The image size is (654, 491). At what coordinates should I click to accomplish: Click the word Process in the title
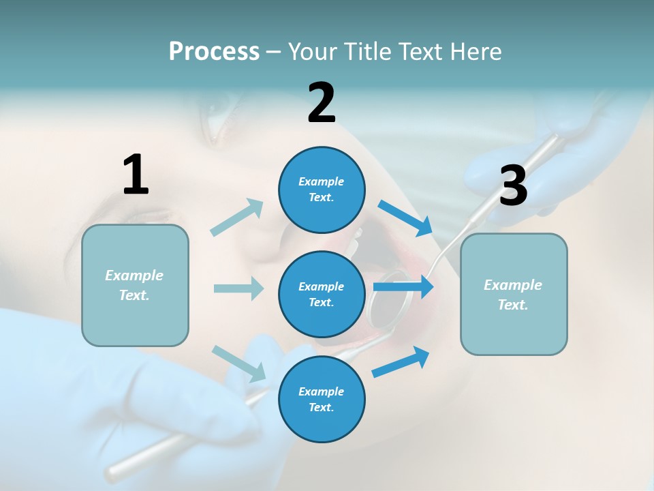point(214,51)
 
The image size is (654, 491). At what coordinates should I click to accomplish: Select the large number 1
point(136,175)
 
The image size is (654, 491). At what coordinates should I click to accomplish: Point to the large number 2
point(322,103)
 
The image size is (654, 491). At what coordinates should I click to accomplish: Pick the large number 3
point(513,186)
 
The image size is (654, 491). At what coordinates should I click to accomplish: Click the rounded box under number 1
point(135,285)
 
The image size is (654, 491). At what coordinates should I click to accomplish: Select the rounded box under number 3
point(514,294)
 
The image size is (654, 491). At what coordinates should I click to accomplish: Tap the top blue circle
point(322,190)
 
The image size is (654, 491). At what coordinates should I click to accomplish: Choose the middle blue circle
point(322,294)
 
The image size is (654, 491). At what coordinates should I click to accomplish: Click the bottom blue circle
point(322,399)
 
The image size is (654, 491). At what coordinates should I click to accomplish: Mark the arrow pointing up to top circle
point(237,218)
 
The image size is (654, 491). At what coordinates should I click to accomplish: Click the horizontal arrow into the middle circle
point(238,288)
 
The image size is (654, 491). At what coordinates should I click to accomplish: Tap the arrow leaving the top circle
point(405,218)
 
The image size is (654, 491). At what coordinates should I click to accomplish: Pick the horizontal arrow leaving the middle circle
point(403,287)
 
